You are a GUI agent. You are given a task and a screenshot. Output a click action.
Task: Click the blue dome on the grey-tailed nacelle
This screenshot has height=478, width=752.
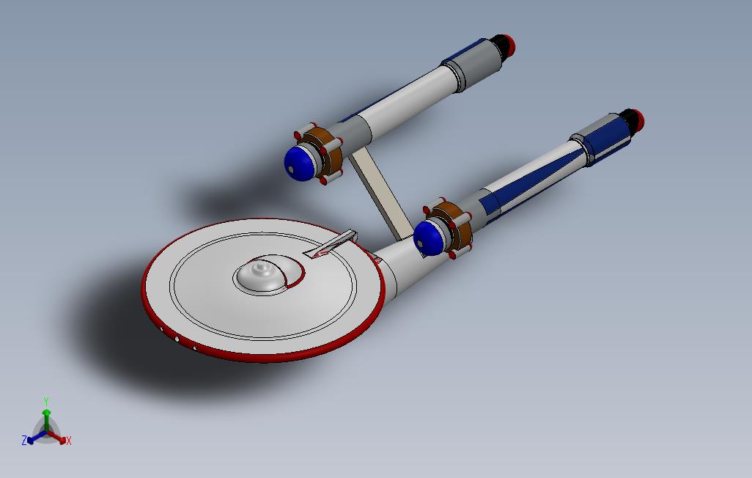pos(298,163)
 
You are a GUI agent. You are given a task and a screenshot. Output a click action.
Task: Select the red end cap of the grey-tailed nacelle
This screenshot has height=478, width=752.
pos(509,44)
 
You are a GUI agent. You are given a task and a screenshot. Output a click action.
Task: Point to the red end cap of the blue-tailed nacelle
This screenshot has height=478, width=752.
pos(638,119)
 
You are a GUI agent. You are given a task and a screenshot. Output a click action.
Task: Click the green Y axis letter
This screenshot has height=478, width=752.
pos(46,401)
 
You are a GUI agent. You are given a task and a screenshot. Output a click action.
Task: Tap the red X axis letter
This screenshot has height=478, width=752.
pos(69,441)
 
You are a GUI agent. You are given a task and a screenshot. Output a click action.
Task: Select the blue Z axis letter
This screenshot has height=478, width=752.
pos(24,440)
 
